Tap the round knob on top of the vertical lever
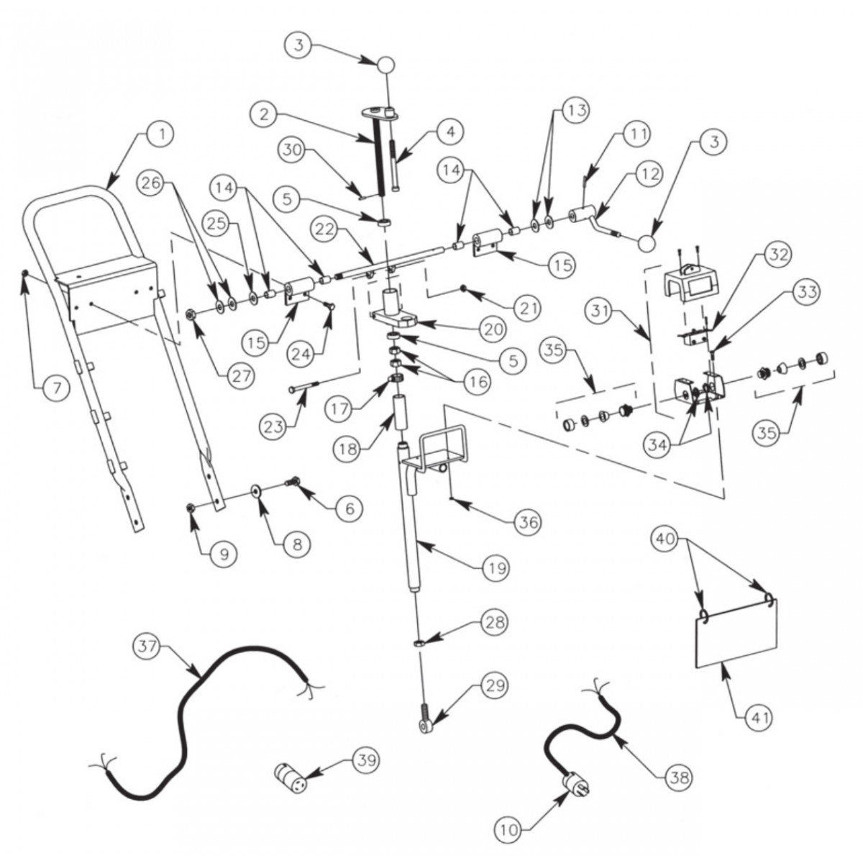(387, 65)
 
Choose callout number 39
(365, 760)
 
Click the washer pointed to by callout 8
(256, 490)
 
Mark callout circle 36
(529, 521)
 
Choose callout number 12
(649, 174)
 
